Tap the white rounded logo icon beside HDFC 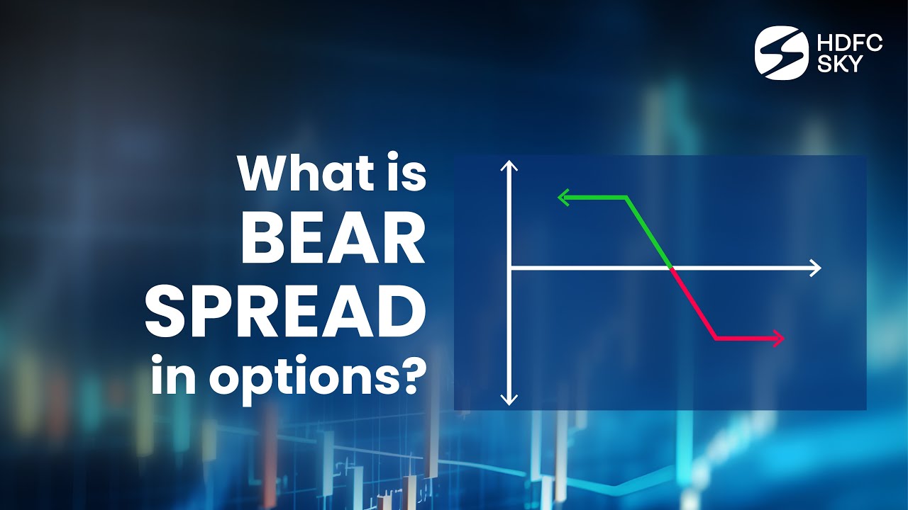[781, 53]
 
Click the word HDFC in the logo [849, 43]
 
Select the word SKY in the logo [839, 64]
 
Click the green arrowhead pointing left [563, 197]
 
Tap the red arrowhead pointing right [779, 339]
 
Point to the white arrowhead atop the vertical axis [509, 167]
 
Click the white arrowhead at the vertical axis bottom [509, 399]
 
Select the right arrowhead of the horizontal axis [815, 268]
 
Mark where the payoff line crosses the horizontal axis [671, 268]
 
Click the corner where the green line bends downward [626, 197]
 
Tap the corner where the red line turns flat [716, 339]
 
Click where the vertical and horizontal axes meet [509, 268]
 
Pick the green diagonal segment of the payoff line [648, 232]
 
